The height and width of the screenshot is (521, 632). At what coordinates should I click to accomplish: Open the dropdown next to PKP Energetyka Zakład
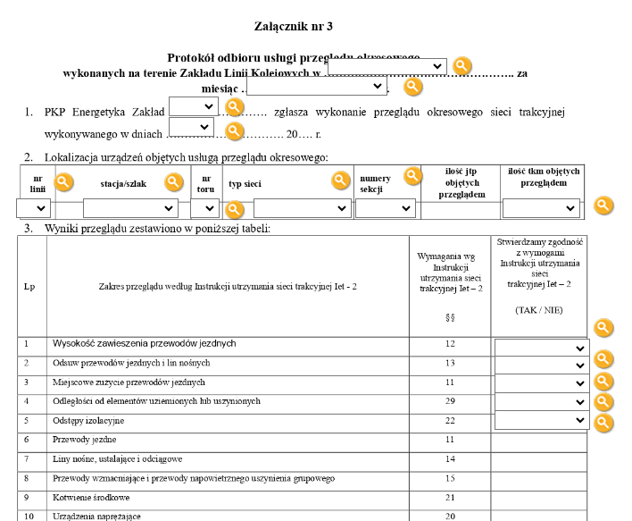point(194,106)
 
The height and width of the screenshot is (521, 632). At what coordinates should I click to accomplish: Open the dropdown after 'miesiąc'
point(317,87)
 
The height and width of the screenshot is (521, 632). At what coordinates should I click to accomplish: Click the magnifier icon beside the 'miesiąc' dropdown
point(412,87)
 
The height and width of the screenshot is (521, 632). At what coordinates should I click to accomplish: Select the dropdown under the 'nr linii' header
point(35,208)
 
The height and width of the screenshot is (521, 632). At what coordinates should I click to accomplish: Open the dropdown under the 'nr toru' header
point(204,208)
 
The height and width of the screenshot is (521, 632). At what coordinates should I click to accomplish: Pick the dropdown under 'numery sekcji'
point(385,208)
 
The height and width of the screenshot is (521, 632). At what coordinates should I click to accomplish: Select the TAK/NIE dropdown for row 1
point(540,349)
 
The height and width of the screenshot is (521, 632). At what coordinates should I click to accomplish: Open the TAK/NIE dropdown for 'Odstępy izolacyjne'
point(540,420)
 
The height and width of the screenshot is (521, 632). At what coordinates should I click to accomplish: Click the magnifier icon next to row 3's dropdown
point(603,382)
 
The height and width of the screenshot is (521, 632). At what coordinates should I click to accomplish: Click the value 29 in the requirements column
point(450,401)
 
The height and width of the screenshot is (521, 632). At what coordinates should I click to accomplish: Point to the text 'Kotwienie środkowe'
point(93,497)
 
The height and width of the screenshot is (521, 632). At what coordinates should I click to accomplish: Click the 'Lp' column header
point(29,287)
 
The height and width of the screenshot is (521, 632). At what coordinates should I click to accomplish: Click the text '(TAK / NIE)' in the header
point(539,309)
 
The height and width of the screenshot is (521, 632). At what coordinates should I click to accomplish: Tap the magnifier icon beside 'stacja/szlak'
point(173,182)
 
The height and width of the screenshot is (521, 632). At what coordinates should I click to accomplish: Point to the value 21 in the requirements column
point(450,497)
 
